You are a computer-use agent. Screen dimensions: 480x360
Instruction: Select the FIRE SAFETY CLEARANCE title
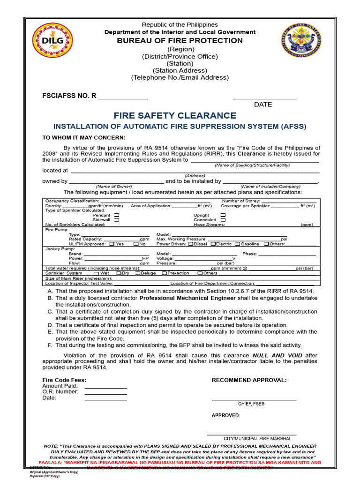(x=175, y=116)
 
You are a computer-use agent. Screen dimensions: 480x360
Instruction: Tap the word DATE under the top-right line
(x=263, y=105)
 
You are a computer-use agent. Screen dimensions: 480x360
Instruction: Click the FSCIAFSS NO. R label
(x=69, y=96)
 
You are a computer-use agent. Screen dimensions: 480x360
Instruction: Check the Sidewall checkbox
(x=117, y=220)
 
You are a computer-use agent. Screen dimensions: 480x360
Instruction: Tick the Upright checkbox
(x=223, y=215)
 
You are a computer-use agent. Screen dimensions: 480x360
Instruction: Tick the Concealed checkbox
(x=223, y=220)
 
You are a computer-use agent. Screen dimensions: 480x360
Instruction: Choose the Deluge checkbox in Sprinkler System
(x=137, y=273)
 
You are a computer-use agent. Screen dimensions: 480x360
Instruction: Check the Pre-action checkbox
(x=164, y=273)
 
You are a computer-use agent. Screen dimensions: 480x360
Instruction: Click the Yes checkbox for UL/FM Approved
(x=112, y=244)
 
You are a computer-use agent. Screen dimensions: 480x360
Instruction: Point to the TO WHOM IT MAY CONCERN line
(x=84, y=137)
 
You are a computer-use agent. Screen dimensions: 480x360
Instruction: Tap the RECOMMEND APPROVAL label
(x=249, y=380)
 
